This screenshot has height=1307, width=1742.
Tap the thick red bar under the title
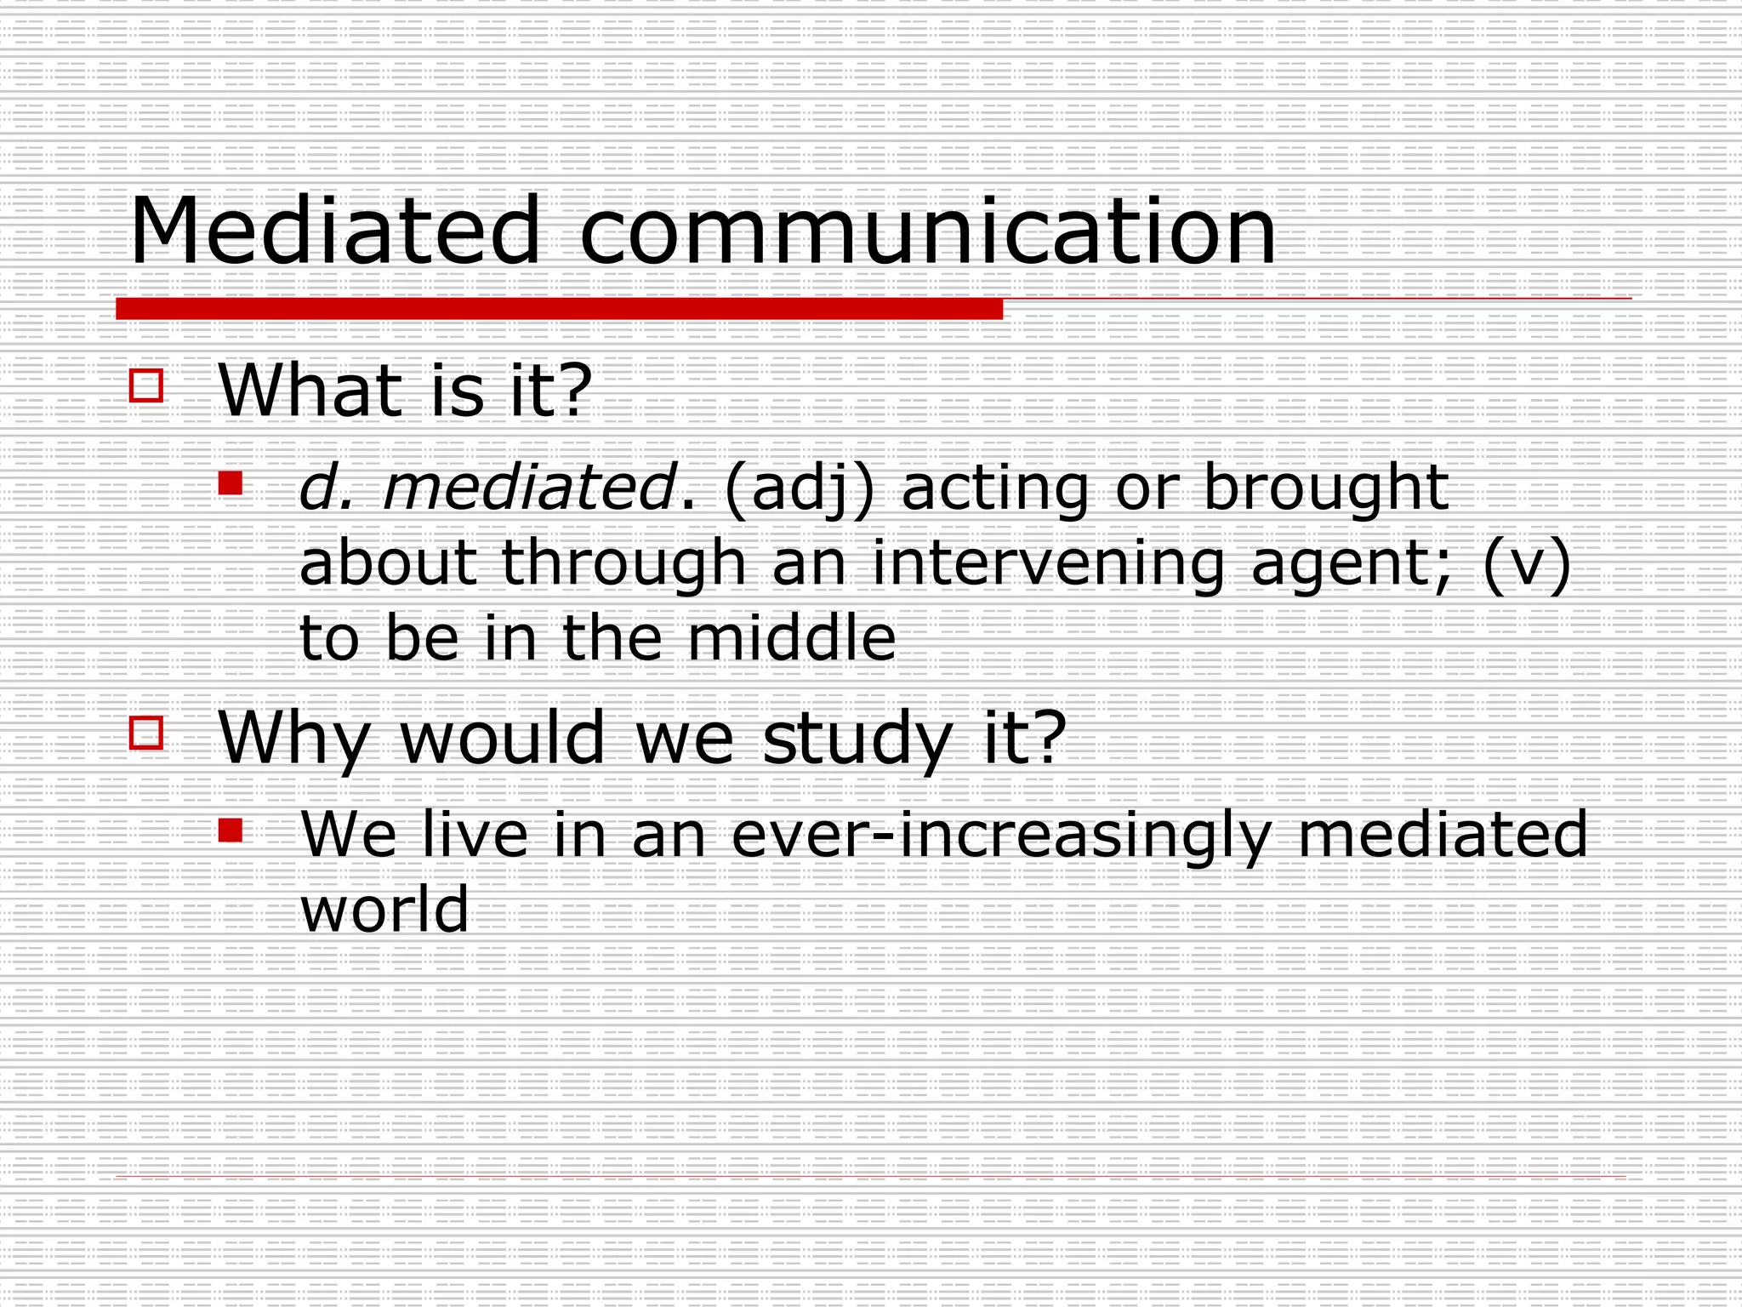pyautogui.click(x=559, y=309)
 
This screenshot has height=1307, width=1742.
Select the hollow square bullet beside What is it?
pyautogui.click(x=146, y=385)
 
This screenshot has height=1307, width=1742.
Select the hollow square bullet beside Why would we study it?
pyautogui.click(x=146, y=733)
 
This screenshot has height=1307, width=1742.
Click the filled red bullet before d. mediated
pyautogui.click(x=231, y=483)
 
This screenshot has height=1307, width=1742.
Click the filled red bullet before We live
pyautogui.click(x=231, y=830)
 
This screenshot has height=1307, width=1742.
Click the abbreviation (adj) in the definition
pyautogui.click(x=799, y=490)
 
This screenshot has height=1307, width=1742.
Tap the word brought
pyautogui.click(x=1325, y=488)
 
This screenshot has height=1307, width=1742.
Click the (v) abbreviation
pyautogui.click(x=1526, y=564)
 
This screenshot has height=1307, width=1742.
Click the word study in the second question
pyautogui.click(x=857, y=739)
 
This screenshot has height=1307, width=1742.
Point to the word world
pyautogui.click(x=384, y=909)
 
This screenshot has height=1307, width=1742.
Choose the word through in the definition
pyautogui.click(x=623, y=564)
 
